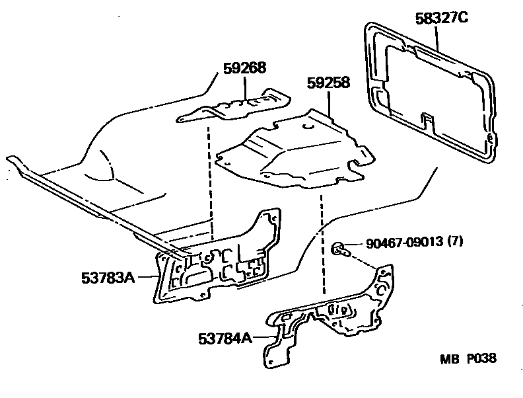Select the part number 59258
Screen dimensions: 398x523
pyautogui.click(x=328, y=83)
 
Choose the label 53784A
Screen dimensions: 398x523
pyautogui.click(x=225, y=338)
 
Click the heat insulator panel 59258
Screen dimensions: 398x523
pyautogui.click(x=291, y=152)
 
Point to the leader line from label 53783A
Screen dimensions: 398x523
pyautogui.click(x=147, y=278)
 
